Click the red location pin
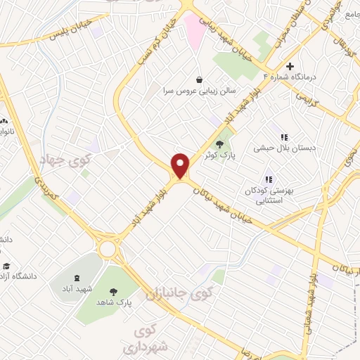click(181, 165)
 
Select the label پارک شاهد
click(115, 302)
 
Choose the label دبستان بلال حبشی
click(285, 149)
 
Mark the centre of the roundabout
click(108, 249)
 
